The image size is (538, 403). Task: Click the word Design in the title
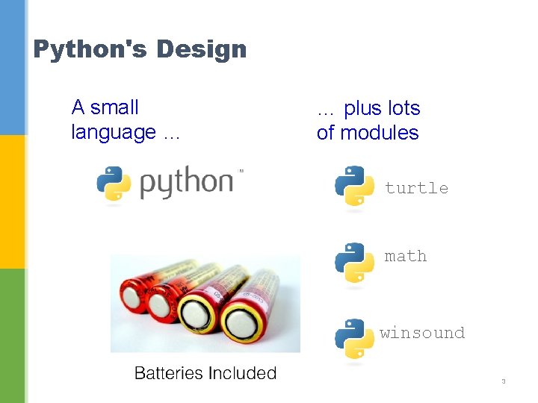(x=201, y=50)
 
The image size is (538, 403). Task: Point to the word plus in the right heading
(x=362, y=109)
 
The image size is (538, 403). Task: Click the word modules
(x=377, y=134)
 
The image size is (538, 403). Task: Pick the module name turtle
(x=416, y=188)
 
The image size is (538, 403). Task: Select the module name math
(x=406, y=256)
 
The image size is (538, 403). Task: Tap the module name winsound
(x=422, y=333)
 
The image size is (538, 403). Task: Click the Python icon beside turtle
(x=354, y=186)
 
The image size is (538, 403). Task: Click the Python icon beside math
(x=354, y=263)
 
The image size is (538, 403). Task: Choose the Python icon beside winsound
(x=354, y=339)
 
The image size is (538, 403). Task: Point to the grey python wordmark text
(x=187, y=184)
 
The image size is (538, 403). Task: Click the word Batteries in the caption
(x=168, y=373)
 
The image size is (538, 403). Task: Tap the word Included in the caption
(x=242, y=373)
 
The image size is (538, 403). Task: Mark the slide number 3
(x=504, y=382)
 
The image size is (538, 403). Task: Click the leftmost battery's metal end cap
(x=134, y=299)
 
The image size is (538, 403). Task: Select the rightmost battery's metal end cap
(x=242, y=323)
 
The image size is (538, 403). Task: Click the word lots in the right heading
(x=404, y=109)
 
